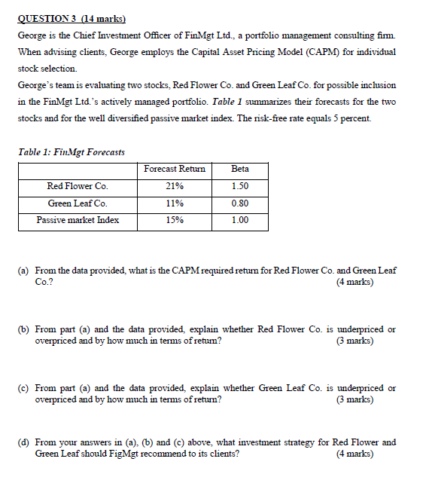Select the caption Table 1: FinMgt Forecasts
pos(71,152)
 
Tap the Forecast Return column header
pos(174,169)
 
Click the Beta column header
pos(240,169)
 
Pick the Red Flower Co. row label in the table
pos(78,186)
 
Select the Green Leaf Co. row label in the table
pos(78,203)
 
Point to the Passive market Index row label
pos(78,221)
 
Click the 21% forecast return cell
pos(174,186)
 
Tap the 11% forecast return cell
pos(174,203)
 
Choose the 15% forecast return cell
pos(174,221)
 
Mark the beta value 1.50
pos(240,186)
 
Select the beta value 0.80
pos(240,203)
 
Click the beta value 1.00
pos(240,221)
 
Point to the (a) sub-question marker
pos(24,270)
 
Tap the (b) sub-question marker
pos(24,329)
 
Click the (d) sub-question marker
pos(24,442)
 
